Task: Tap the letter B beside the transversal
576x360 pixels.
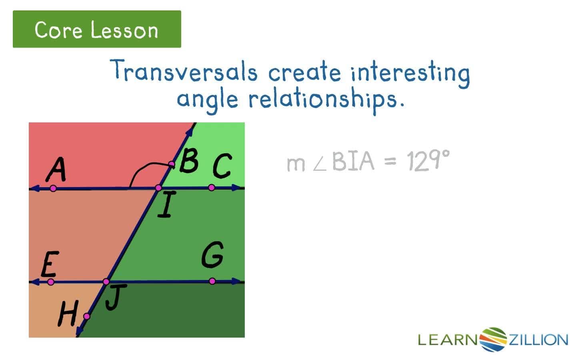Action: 189,161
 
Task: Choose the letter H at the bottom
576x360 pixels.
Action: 67,314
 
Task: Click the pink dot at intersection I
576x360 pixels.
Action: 158,188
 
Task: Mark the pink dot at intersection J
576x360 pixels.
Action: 106,282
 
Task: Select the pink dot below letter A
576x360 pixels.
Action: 53,188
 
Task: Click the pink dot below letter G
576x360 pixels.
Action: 212,281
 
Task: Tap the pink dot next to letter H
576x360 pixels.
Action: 86,316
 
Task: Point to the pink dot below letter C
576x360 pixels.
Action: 212,188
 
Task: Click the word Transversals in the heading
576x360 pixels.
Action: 184,71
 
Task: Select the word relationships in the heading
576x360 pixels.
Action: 326,99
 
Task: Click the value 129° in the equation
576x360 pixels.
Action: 428,161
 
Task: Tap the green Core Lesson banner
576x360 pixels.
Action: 97,29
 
